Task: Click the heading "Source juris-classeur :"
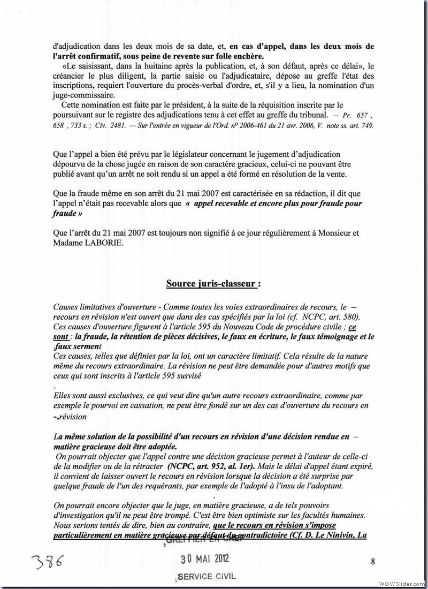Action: (213, 283)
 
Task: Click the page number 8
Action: (372, 561)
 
